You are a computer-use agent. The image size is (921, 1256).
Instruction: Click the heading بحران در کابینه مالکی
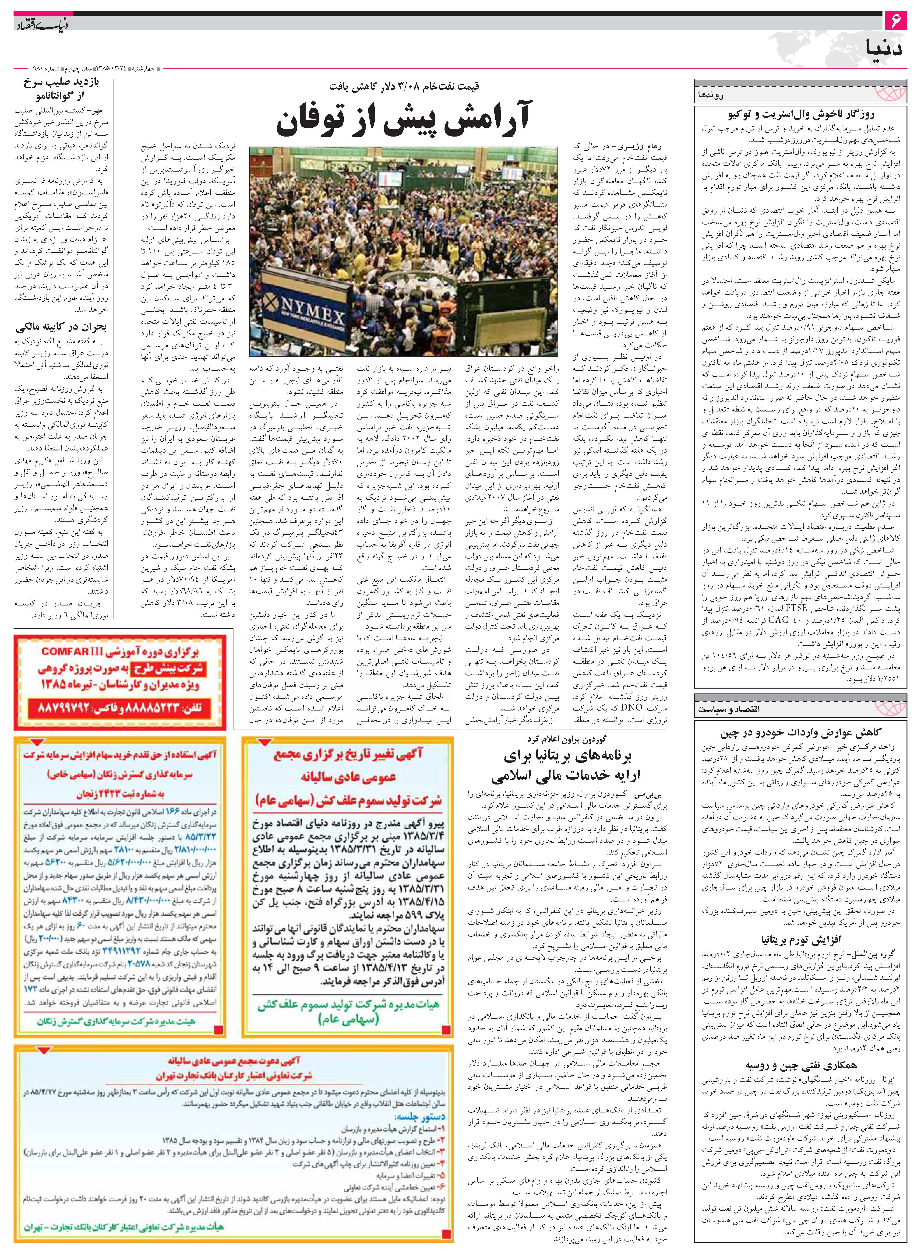[x=61, y=327]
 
